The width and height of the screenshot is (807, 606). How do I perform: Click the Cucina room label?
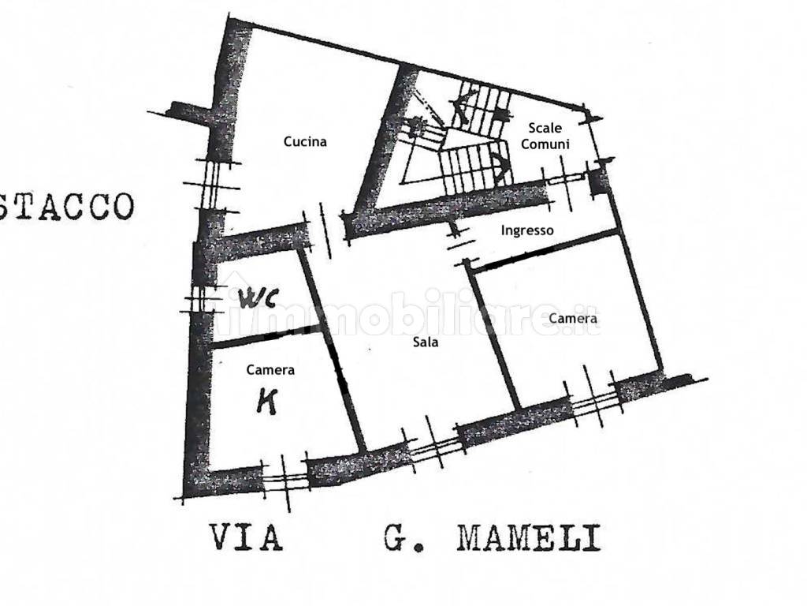coord(305,142)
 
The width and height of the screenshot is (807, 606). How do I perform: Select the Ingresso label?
coord(527,230)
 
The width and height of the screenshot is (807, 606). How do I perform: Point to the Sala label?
coord(426,342)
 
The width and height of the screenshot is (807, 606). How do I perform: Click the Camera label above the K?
coord(270,369)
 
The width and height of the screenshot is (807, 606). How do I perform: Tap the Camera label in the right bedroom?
coord(573,319)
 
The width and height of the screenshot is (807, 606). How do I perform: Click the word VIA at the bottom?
coord(246,539)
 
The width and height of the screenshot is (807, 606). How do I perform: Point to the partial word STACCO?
coord(66,206)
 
